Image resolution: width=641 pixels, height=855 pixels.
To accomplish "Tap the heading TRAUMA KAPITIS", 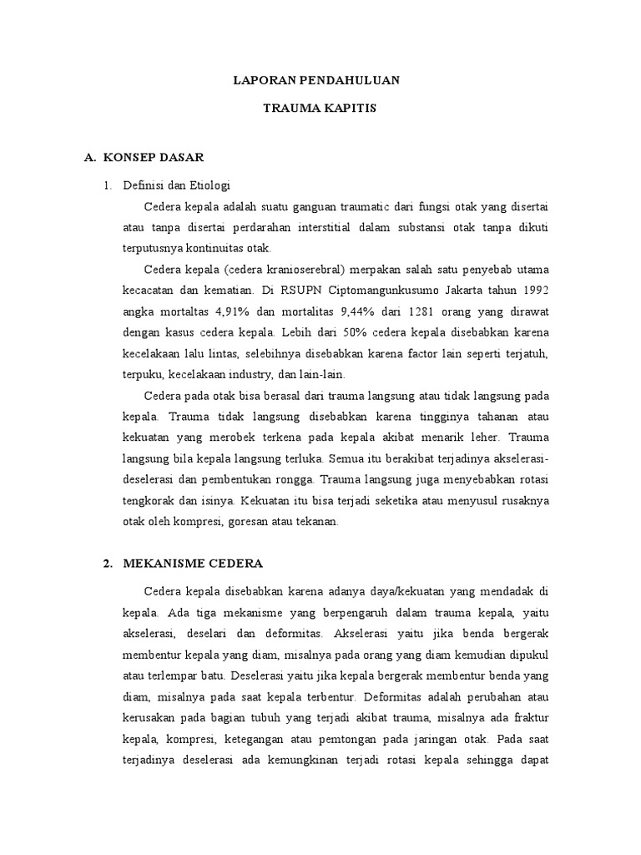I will (320, 109).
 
